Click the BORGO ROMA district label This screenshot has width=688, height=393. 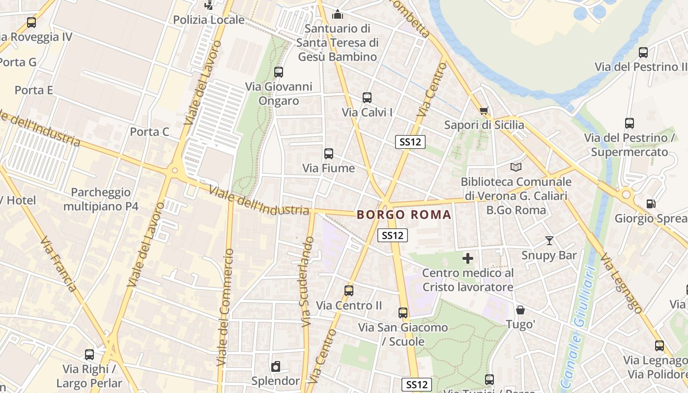404,215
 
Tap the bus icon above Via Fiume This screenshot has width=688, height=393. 329,153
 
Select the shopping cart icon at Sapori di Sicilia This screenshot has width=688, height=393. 484,111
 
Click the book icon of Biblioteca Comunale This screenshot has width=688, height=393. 516,167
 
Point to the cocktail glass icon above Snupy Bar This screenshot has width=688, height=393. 549,241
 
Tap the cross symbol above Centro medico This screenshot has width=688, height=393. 468,258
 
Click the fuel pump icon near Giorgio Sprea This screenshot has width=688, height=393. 651,203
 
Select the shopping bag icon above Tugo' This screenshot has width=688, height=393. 520,310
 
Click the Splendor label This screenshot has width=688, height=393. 275,381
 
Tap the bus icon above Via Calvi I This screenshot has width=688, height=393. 367,98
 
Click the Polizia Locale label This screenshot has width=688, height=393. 209,20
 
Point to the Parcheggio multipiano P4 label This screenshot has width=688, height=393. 101,199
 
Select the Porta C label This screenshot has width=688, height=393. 149,132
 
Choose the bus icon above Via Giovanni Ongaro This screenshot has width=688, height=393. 279,72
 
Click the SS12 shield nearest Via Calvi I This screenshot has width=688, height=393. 410,142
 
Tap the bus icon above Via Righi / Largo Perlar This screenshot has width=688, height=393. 89,354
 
